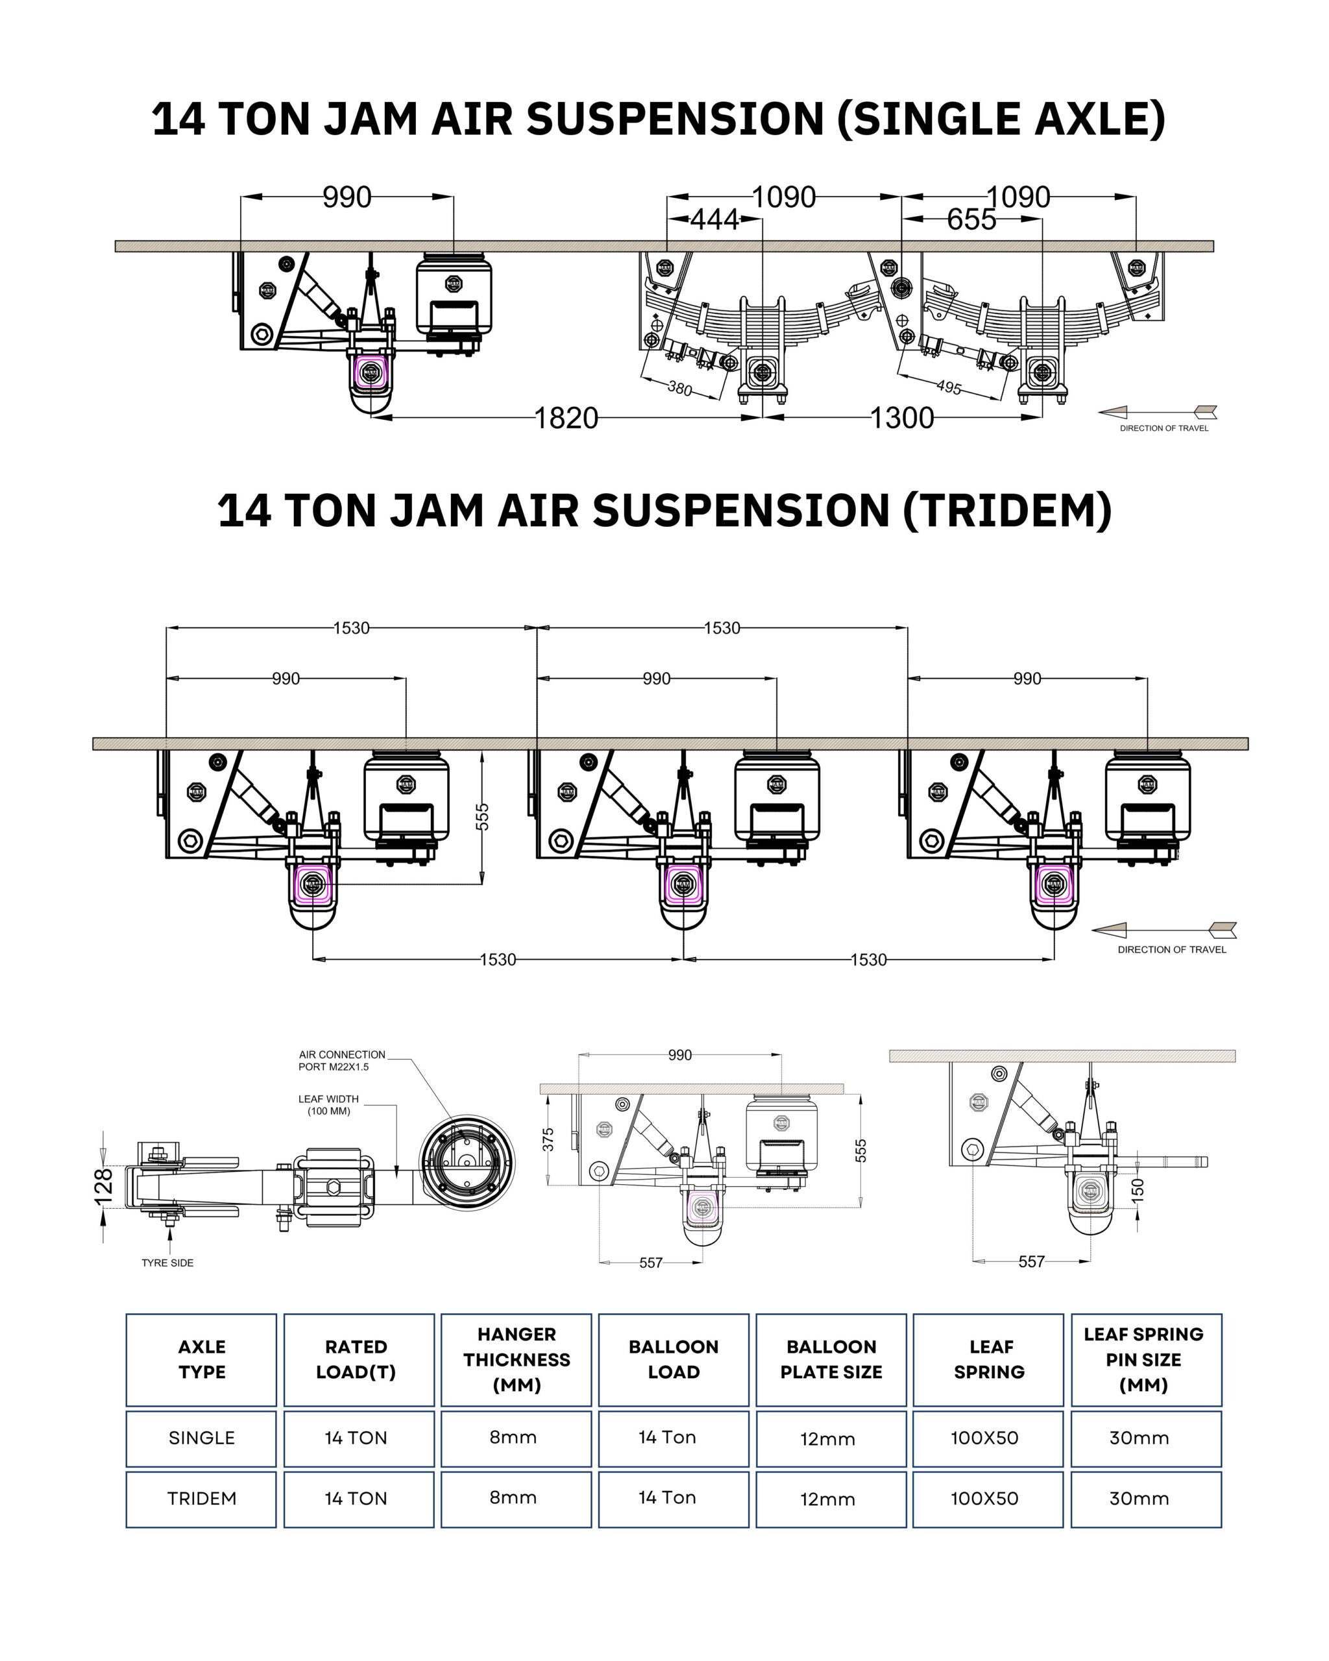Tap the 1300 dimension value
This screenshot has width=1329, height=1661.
click(901, 418)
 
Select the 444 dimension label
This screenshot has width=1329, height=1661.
click(714, 221)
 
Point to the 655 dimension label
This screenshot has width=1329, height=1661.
click(971, 221)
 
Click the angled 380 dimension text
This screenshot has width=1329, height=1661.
click(679, 388)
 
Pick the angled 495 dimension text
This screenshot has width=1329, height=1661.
click(949, 387)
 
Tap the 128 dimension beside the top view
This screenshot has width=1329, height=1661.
click(104, 1185)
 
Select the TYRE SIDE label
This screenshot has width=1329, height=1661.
click(167, 1263)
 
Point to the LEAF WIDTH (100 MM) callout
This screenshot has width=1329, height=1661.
click(328, 1105)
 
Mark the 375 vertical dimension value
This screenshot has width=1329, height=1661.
click(548, 1139)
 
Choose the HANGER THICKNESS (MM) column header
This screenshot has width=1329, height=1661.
click(516, 1360)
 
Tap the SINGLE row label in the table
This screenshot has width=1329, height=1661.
click(201, 1438)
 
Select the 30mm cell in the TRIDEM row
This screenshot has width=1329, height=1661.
click(1139, 1498)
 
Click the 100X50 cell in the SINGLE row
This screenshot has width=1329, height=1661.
click(984, 1438)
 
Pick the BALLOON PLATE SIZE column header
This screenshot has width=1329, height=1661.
click(831, 1360)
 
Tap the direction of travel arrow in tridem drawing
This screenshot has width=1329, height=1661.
click(1164, 930)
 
